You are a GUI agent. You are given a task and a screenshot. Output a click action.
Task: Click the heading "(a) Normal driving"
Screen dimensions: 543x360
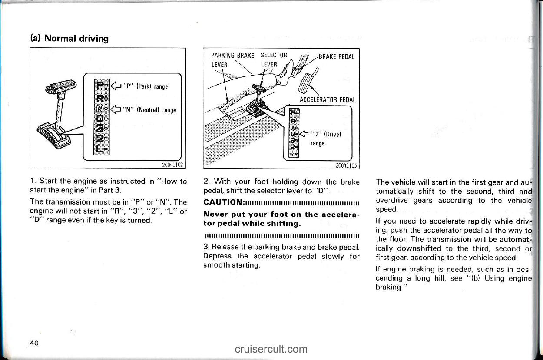click(x=70, y=39)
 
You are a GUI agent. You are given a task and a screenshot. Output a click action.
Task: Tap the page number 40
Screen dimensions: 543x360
click(x=34, y=343)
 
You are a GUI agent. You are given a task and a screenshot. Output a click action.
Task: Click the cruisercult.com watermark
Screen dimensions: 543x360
click(x=271, y=349)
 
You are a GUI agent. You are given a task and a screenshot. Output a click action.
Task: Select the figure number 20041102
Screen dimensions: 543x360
click(x=172, y=165)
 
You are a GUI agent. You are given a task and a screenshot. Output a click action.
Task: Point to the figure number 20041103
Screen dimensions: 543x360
click(x=346, y=165)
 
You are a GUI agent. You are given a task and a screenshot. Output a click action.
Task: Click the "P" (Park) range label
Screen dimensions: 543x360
click(x=146, y=86)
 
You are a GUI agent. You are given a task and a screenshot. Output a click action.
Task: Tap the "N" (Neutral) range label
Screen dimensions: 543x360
click(x=149, y=110)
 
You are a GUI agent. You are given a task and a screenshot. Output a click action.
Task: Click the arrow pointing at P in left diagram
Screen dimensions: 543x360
click(x=116, y=86)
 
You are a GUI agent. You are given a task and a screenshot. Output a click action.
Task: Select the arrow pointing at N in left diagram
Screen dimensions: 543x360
click(x=116, y=109)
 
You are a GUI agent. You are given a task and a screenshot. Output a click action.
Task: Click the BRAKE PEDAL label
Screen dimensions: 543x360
click(x=337, y=57)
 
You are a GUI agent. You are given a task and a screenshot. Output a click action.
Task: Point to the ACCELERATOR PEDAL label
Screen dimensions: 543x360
click(x=328, y=99)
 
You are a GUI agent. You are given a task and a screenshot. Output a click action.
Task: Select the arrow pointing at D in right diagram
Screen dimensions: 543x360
click(x=304, y=134)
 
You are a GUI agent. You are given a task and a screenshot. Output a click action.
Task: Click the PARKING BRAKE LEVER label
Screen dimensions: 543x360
click(x=232, y=60)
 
